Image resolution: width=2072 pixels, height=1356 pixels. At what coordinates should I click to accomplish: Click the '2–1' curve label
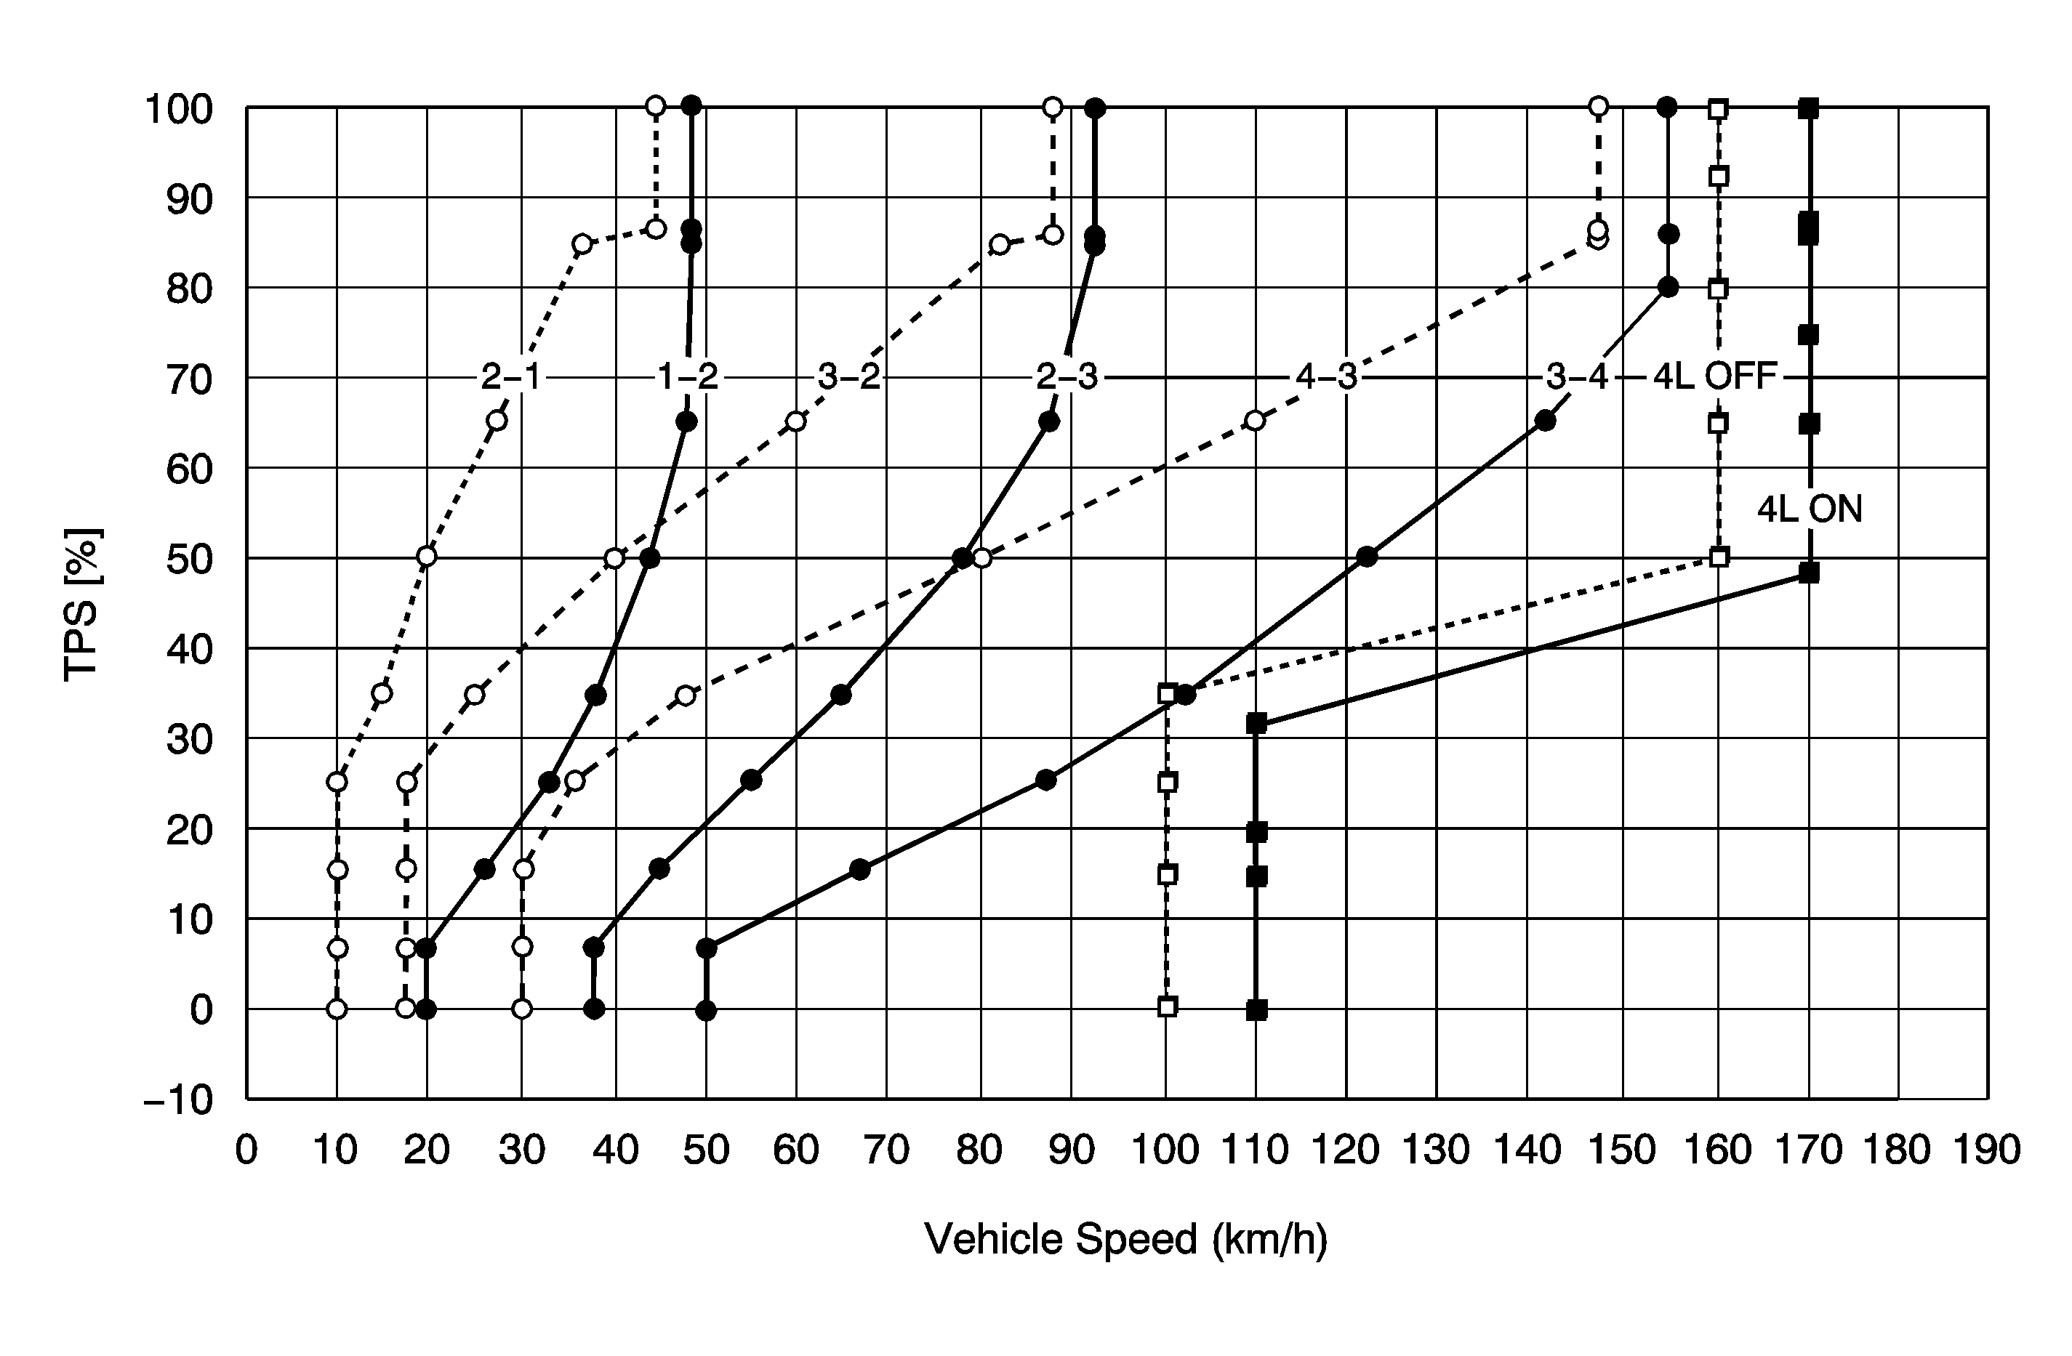pyautogui.click(x=511, y=378)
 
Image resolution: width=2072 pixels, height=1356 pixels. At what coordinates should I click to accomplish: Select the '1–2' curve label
pyautogui.click(x=688, y=378)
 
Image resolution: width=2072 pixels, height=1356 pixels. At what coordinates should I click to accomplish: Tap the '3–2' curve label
pyautogui.click(x=849, y=378)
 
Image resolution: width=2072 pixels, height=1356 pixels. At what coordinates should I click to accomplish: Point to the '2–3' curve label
pyautogui.click(x=1067, y=378)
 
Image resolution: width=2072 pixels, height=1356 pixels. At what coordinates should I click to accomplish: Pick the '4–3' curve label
pyautogui.click(x=1326, y=378)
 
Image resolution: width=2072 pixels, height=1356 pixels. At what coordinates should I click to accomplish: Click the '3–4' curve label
pyautogui.click(x=1577, y=378)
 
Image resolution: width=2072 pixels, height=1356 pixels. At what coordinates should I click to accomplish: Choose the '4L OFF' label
pyautogui.click(x=1714, y=378)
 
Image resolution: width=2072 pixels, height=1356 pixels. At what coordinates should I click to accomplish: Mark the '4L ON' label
pyautogui.click(x=1809, y=509)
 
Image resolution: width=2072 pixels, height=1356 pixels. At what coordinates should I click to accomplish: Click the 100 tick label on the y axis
pyautogui.click(x=178, y=110)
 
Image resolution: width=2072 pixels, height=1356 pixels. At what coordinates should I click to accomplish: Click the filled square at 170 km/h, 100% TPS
pyautogui.click(x=1808, y=109)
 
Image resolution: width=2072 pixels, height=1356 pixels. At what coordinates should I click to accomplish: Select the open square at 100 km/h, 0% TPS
pyautogui.click(x=1168, y=1007)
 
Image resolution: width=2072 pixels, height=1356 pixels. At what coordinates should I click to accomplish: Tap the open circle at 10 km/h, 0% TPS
pyautogui.click(x=337, y=1009)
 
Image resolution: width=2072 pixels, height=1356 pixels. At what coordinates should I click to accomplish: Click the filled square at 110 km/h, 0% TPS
pyautogui.click(x=1256, y=1009)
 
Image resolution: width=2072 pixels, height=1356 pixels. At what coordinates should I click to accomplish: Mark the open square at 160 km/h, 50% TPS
pyautogui.click(x=1719, y=557)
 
